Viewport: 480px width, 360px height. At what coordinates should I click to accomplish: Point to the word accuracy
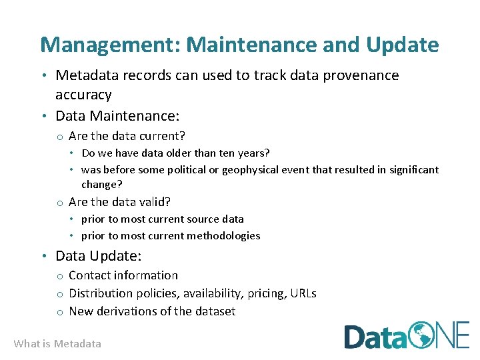coord(83,95)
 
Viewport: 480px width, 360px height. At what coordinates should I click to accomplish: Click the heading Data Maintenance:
coord(117,116)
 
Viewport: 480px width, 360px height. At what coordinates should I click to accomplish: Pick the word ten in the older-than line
coord(221,153)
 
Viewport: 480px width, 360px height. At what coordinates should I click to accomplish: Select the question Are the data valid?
coord(119,202)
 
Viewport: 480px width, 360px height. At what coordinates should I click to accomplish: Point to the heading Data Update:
coord(99,256)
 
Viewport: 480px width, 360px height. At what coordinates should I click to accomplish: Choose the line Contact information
coord(123,275)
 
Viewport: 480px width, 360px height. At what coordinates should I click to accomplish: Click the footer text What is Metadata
coord(57,344)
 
